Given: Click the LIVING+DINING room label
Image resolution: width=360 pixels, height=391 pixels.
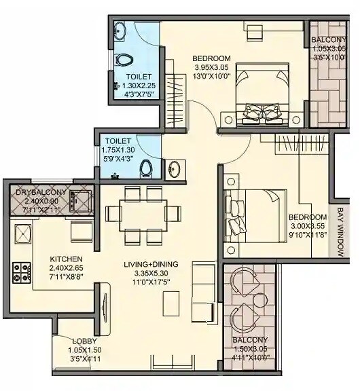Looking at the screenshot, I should [150, 264].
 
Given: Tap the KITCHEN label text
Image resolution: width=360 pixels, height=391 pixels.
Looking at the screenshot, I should [67, 259].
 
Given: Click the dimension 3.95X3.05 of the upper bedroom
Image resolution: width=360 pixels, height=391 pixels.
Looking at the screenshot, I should [211, 68].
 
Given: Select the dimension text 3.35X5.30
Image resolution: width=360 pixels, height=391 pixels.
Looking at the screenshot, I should [150, 274].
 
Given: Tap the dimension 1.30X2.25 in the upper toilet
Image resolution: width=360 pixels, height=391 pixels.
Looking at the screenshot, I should [139, 86].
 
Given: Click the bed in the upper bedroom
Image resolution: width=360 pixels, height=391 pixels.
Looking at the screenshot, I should [261, 95].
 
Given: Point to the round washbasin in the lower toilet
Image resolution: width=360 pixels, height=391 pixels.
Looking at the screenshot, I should [173, 170].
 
